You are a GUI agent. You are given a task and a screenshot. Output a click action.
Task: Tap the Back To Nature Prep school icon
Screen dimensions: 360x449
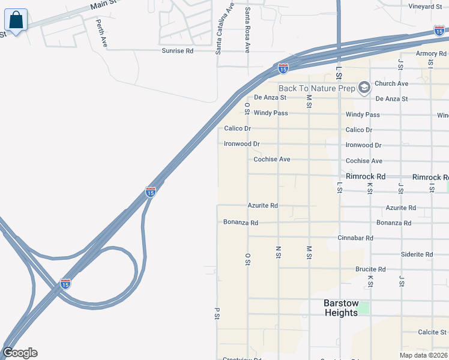(364, 88)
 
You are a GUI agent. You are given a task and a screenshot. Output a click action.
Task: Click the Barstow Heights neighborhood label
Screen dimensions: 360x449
(340, 308)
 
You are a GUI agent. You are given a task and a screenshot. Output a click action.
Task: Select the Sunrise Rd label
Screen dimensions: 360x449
(177, 51)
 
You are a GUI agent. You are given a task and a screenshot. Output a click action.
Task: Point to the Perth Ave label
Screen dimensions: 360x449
(101, 33)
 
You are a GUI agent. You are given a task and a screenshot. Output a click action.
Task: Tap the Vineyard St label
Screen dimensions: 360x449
(425, 7)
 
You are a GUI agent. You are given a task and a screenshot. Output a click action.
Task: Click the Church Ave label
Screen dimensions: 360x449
(391, 83)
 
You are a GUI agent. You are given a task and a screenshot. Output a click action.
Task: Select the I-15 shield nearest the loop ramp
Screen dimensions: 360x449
(65, 283)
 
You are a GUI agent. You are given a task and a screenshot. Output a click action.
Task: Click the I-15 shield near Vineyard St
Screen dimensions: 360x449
(439, 31)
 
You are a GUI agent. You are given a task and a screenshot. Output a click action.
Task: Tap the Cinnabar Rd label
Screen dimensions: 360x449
(355, 238)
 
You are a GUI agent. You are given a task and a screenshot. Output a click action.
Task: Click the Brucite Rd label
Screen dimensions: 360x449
(370, 269)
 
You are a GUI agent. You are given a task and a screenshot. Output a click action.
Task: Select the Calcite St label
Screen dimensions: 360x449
(432, 332)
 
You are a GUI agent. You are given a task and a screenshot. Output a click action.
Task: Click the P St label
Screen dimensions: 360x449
(216, 313)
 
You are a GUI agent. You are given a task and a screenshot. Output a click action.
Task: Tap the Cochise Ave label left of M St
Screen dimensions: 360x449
(272, 160)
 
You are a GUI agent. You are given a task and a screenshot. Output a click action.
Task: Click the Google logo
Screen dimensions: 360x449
(20, 353)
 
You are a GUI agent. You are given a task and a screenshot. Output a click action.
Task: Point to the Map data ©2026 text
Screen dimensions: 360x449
(423, 355)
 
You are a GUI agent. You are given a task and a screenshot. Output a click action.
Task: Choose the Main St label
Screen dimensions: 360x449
(102, 6)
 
